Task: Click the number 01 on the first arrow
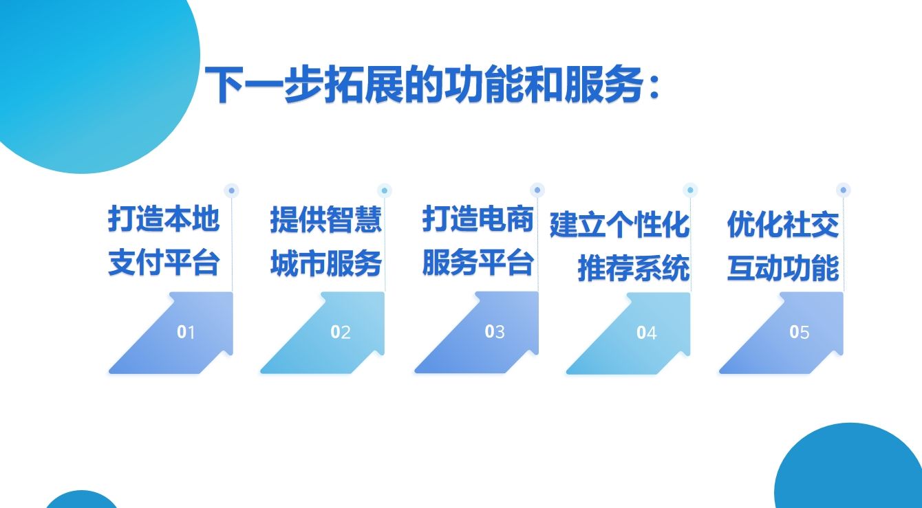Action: (x=186, y=332)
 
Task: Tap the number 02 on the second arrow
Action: (x=341, y=332)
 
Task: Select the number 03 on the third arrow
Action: (x=494, y=331)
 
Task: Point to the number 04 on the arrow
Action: (x=647, y=333)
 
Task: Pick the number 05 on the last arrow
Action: (x=800, y=332)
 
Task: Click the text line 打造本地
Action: (x=163, y=219)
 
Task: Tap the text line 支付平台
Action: (x=163, y=263)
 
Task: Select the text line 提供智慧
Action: (x=325, y=219)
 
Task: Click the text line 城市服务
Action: (x=325, y=263)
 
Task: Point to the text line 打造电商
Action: (x=478, y=219)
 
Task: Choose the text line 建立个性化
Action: (x=619, y=225)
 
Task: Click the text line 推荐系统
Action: (x=634, y=268)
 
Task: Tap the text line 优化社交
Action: (x=783, y=225)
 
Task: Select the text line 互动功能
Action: (x=783, y=268)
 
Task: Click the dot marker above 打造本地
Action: (x=231, y=190)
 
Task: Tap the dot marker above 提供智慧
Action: (x=385, y=190)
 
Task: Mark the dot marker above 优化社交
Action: (x=844, y=190)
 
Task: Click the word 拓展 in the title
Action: (x=363, y=85)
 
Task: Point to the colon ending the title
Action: (x=654, y=87)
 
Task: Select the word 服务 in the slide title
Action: (x=603, y=85)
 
